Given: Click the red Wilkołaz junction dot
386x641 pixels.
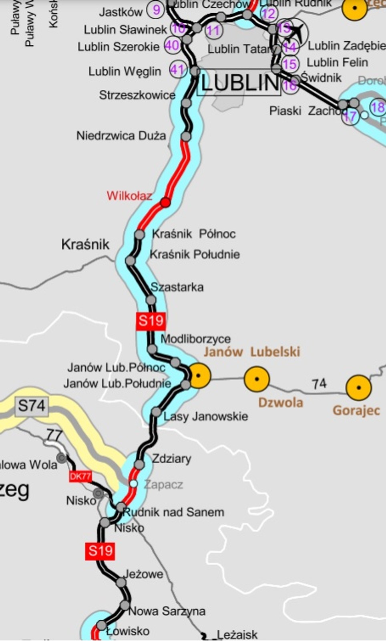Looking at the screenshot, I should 165,202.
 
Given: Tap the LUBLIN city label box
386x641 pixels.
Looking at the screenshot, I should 239,83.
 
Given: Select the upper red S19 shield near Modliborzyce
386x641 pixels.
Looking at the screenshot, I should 151,321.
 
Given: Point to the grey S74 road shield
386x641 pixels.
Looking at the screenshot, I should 31,406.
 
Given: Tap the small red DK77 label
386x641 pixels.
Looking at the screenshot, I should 80,476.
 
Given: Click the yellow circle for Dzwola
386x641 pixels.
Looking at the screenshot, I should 256,379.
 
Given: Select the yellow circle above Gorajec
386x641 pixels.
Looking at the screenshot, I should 358,387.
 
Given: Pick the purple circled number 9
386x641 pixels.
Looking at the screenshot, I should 156,10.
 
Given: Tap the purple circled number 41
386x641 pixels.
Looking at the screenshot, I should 177,70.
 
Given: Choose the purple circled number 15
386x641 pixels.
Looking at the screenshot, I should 289,63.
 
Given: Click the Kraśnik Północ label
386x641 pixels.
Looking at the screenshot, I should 194,234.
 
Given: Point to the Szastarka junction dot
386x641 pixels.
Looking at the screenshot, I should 151,300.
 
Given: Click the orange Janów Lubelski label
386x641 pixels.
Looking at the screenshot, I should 251,352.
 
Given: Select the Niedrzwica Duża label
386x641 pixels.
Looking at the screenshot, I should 121,135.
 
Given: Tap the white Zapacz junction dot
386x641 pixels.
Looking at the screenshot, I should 133,484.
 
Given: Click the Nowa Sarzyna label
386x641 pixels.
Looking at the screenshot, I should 167,611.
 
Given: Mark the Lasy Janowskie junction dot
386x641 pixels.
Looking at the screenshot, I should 156,412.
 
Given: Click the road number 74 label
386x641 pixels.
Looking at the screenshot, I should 319,384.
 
